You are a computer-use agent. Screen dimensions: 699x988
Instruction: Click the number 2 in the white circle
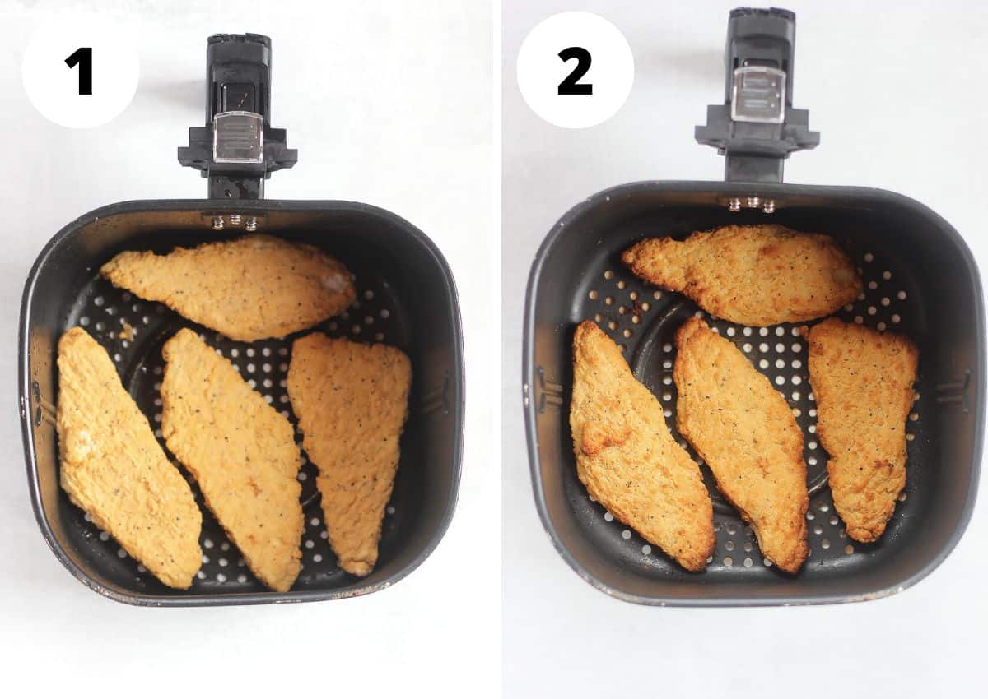pyautogui.click(x=575, y=71)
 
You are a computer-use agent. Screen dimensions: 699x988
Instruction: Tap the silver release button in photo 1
pyautogui.click(x=237, y=137)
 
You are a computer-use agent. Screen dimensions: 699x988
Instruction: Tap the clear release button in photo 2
pyautogui.click(x=758, y=95)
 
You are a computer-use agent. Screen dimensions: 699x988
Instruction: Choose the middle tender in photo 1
pyautogui.click(x=235, y=457)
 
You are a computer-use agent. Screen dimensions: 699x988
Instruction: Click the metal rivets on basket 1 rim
pyautogui.click(x=235, y=221)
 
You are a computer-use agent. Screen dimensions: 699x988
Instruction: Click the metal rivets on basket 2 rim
pyautogui.click(x=751, y=203)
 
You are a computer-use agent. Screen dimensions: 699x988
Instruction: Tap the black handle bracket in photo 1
pyautogui.click(x=237, y=156)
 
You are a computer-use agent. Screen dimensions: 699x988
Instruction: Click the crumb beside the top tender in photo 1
pyautogui.click(x=125, y=332)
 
